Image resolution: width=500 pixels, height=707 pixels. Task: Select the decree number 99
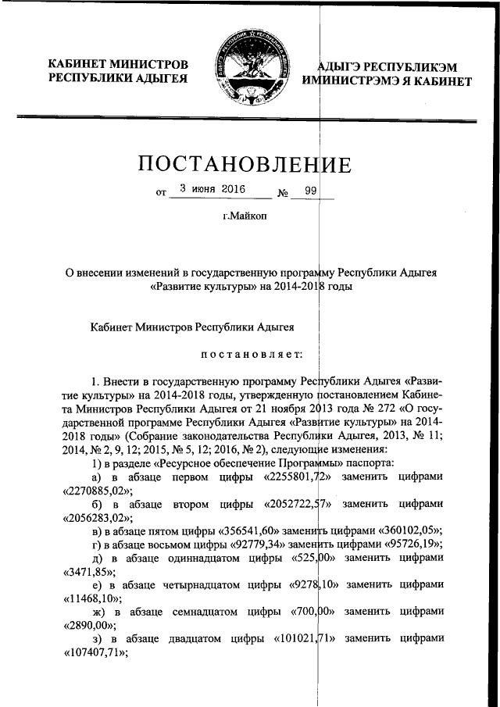pos(312,189)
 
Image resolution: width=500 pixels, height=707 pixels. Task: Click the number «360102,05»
pos(403,531)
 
